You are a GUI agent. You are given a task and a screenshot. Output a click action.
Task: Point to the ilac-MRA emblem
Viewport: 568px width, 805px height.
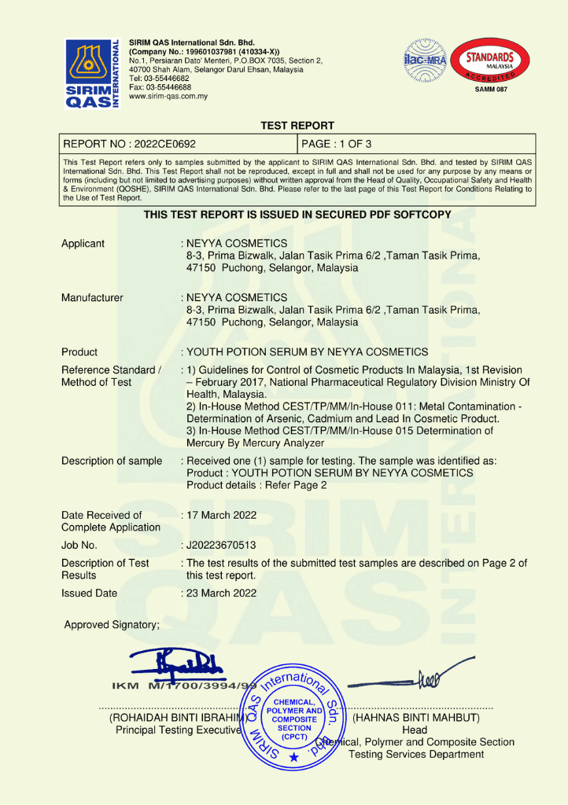pyautogui.click(x=424, y=61)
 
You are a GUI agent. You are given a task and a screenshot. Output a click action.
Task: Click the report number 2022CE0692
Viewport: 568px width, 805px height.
pyautogui.click(x=129, y=144)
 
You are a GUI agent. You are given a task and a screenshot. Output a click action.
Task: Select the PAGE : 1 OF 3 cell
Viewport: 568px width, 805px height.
pyautogui.click(x=337, y=144)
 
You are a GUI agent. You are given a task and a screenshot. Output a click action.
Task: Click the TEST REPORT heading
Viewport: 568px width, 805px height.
pyautogui.click(x=297, y=126)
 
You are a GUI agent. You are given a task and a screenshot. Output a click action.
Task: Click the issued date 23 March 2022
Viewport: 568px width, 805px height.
pyautogui.click(x=221, y=594)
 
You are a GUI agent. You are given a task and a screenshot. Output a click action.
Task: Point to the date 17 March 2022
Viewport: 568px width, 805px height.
pyautogui.click(x=221, y=516)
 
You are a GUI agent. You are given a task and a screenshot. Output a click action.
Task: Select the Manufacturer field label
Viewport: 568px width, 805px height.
pyautogui.click(x=92, y=298)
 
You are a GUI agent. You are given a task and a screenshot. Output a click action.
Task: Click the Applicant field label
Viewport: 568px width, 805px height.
pyautogui.click(x=83, y=244)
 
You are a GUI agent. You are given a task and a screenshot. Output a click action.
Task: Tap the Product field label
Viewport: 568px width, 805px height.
pyautogui.click(x=79, y=352)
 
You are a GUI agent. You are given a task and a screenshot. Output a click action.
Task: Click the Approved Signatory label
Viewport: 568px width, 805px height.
pyautogui.click(x=112, y=625)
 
